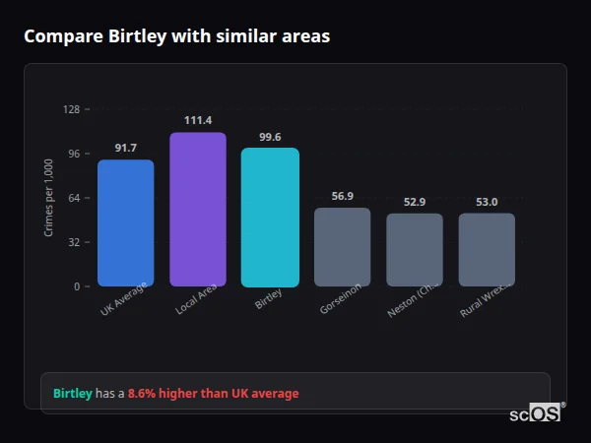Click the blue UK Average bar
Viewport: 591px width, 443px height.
[125, 223]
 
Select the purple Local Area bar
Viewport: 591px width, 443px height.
[197, 210]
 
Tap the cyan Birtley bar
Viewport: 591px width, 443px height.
[270, 218]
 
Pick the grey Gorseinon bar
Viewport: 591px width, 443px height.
[342, 247]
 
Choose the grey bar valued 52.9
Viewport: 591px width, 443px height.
[415, 250]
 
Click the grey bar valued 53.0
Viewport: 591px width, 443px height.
[487, 250]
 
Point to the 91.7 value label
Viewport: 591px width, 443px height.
[125, 148]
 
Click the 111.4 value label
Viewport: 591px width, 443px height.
[197, 120]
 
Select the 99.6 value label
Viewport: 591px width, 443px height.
[270, 137]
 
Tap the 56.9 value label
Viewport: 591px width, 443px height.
[342, 196]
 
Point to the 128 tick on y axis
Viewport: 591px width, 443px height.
[71, 109]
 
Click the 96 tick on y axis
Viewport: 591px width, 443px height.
[73, 154]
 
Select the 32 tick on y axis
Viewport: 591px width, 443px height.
[73, 242]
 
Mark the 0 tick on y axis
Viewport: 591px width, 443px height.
[76, 286]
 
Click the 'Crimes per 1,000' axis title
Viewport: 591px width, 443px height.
[48, 198]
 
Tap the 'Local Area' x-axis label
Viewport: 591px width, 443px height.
[195, 301]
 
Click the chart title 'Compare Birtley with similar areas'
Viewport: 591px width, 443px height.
[176, 36]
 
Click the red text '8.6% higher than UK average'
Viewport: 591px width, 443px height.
[213, 393]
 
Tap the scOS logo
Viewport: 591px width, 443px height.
[536, 413]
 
